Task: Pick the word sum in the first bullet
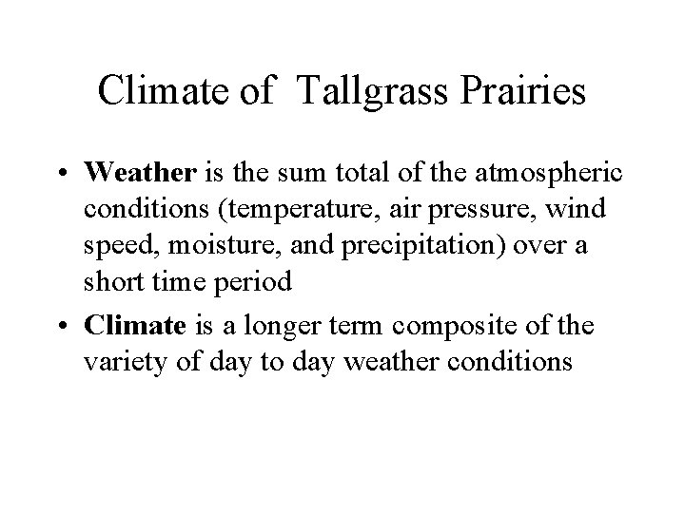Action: pos(292,174)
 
